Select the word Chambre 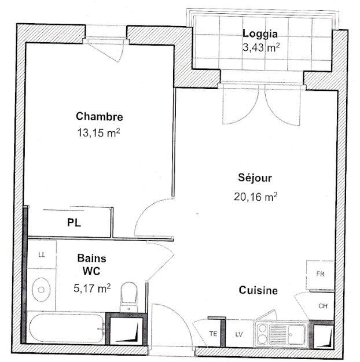tap(100, 116)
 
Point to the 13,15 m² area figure tap(98, 132)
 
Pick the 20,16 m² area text tap(255, 197)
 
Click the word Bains tap(91, 260)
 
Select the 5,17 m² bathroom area tap(91, 286)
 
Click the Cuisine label tap(258, 291)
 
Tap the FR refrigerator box tap(320, 274)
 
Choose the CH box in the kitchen tap(322, 306)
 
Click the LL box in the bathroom tap(42, 254)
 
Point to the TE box tap(213, 334)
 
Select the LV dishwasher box tap(238, 334)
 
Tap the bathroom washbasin tap(41, 288)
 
